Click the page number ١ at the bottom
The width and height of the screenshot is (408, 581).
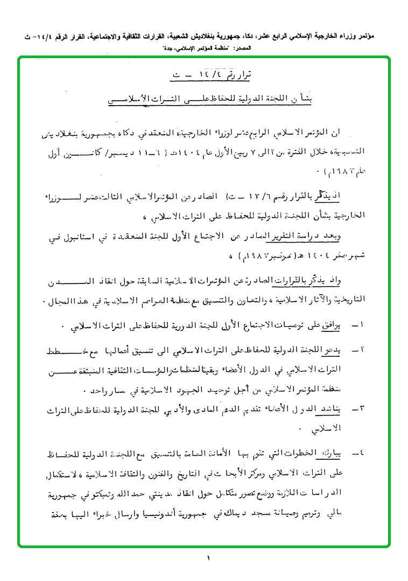[x=208, y=559]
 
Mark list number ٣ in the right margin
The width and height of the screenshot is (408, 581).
[x=359, y=410]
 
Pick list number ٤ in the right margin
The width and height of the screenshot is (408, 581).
[x=359, y=452]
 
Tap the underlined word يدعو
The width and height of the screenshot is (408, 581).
[x=335, y=350]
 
